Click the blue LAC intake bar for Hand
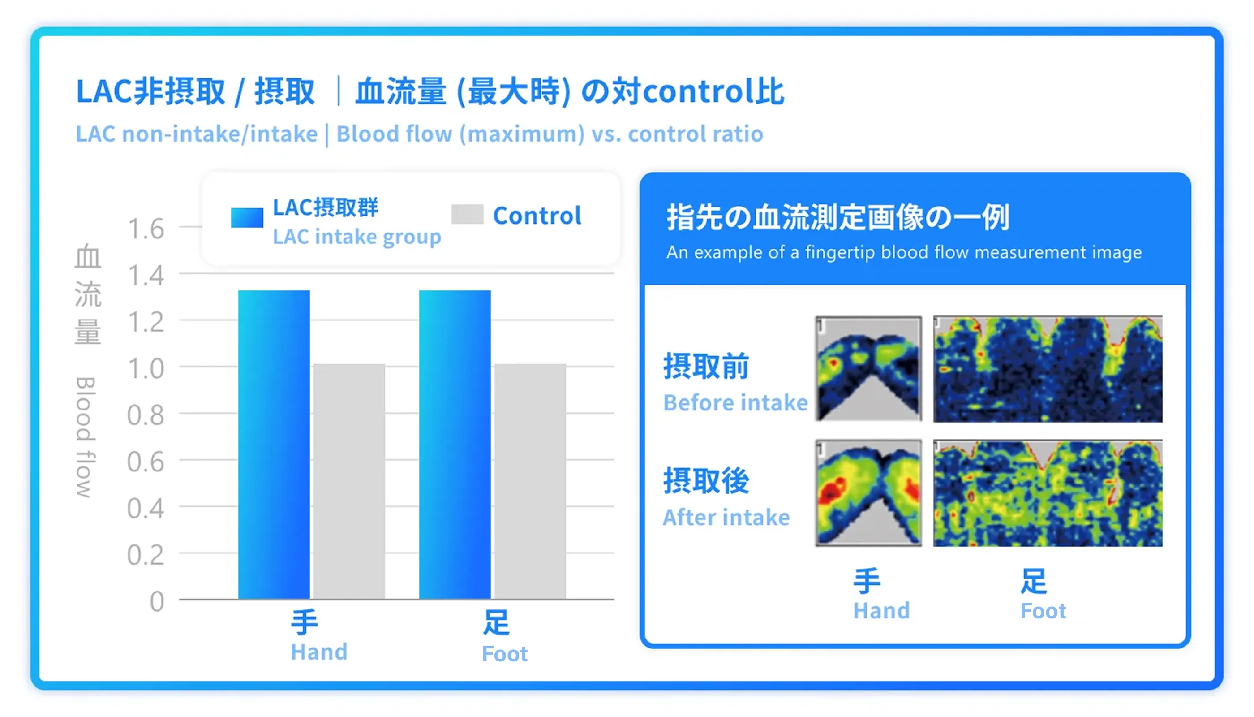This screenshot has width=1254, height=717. tap(274, 443)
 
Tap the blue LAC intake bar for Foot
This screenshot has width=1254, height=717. tap(454, 443)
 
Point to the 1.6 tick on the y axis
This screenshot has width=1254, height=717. tap(146, 229)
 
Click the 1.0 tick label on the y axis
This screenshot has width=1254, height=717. tap(146, 368)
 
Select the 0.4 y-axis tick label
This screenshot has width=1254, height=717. tap(146, 508)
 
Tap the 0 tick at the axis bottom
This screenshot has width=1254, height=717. tap(156, 601)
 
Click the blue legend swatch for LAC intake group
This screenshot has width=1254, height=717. tap(247, 217)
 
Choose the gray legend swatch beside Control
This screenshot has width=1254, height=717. tap(467, 214)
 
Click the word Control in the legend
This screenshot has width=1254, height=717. tap(537, 216)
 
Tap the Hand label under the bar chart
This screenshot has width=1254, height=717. tap(318, 652)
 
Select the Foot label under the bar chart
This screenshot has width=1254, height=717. tap(504, 653)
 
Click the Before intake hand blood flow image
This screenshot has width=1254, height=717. tap(867, 368)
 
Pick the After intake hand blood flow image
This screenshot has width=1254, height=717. tap(867, 492)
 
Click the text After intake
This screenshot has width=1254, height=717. tap(726, 517)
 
